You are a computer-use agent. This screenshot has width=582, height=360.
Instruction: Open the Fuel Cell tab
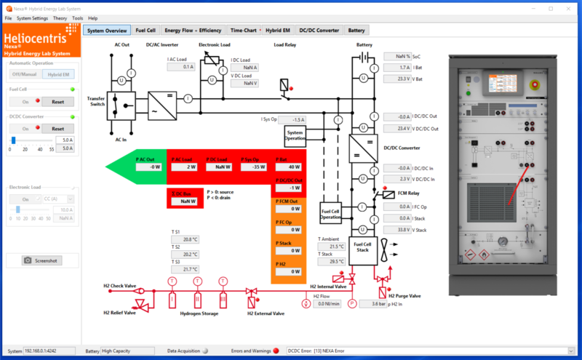145,31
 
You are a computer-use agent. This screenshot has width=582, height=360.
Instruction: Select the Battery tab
356,31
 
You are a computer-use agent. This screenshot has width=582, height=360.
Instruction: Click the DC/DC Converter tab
317,31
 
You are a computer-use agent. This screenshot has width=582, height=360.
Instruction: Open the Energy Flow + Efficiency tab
193,31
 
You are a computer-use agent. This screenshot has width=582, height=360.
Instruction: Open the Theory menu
60,17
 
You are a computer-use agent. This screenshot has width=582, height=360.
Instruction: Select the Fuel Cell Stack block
363,247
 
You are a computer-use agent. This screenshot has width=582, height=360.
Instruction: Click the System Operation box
295,135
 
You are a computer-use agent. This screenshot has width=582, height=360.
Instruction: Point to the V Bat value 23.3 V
398,79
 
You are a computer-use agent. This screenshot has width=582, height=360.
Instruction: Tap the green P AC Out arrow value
149,167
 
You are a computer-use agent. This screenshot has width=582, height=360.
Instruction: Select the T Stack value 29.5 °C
332,261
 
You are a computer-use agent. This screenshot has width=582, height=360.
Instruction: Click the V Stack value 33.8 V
398,229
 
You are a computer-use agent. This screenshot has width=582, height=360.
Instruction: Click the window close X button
570,7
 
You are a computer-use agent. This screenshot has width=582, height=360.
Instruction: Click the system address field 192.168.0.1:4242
53,351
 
